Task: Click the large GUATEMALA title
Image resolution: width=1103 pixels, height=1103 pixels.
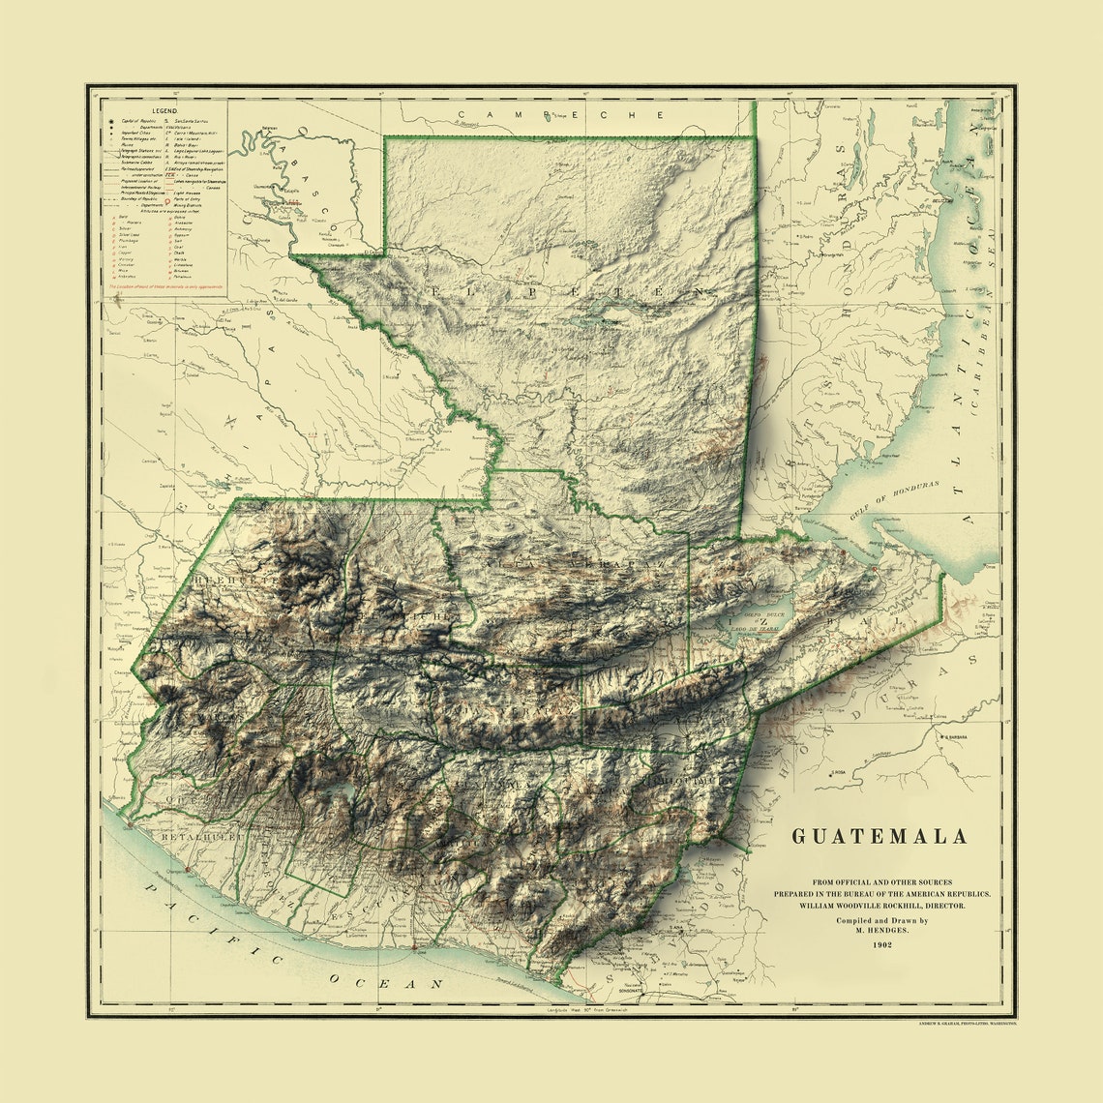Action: [x=880, y=837]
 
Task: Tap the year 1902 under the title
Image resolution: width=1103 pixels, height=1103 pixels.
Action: [x=880, y=944]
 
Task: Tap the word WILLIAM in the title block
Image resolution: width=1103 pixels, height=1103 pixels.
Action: [x=820, y=907]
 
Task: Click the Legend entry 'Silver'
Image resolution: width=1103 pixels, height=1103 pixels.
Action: [x=127, y=226]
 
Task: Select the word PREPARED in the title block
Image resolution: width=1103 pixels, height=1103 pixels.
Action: [x=799, y=895]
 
